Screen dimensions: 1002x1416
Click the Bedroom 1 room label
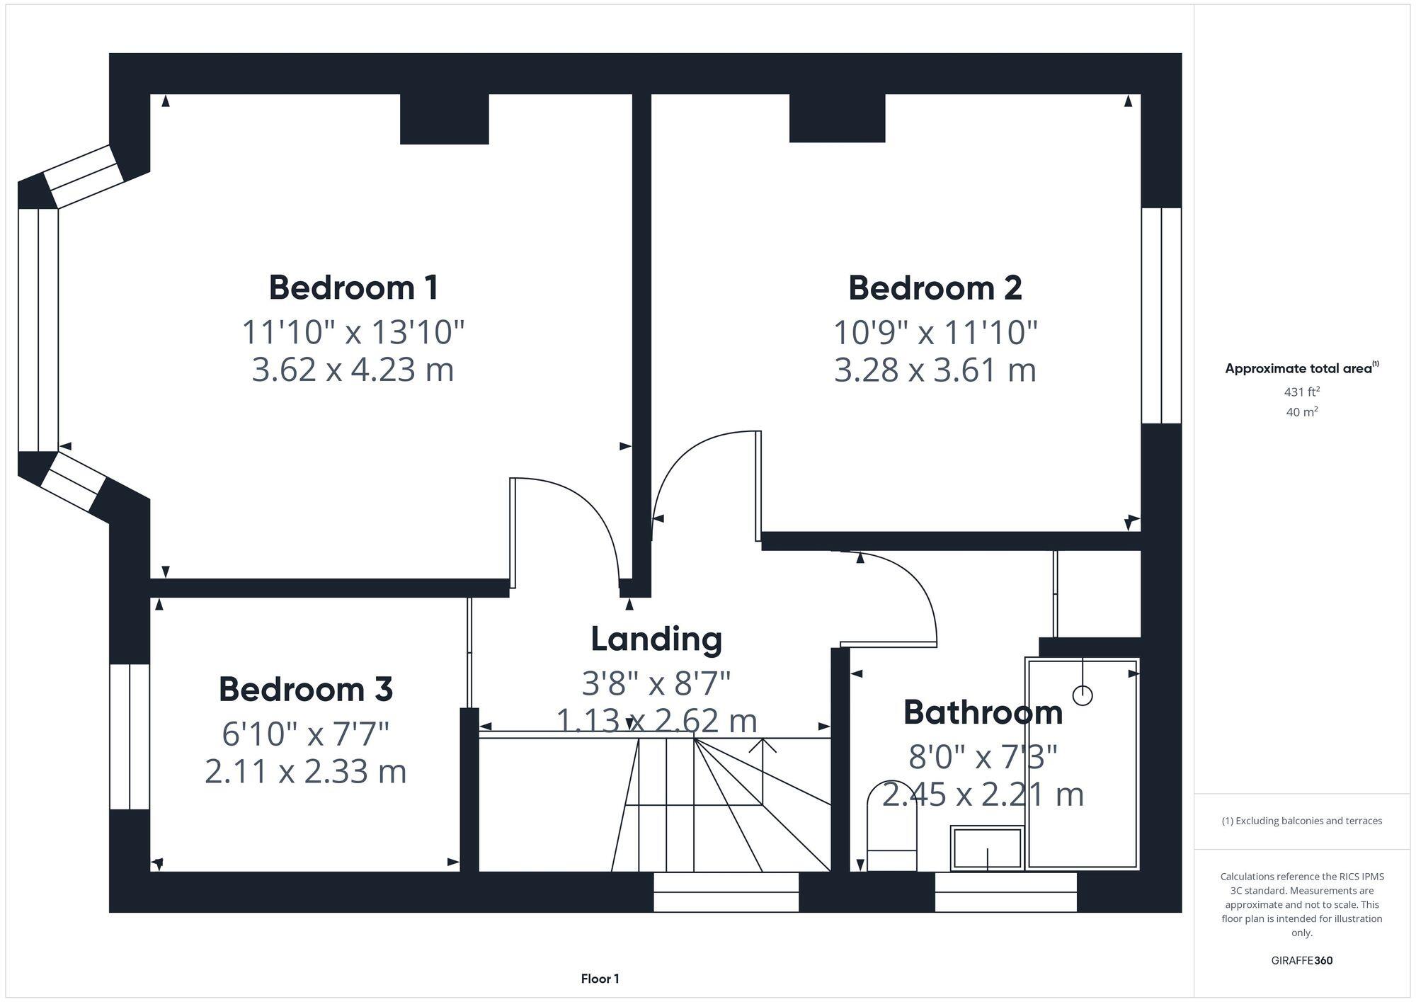click(353, 287)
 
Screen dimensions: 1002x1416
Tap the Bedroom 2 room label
click(935, 287)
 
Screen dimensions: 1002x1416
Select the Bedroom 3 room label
click(305, 689)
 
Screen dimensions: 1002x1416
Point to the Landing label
click(656, 639)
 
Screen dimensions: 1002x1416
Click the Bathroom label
click(983, 712)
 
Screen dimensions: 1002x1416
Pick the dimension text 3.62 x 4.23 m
click(353, 370)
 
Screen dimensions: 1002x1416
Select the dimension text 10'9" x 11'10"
click(935, 333)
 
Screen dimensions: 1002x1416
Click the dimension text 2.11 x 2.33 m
click(305, 772)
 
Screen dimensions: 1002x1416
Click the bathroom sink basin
click(987, 848)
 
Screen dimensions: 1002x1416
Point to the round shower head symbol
click(1083, 695)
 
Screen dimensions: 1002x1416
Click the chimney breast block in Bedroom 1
click(444, 119)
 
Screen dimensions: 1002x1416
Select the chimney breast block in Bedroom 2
click(837, 118)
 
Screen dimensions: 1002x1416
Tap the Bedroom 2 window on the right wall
click(1161, 315)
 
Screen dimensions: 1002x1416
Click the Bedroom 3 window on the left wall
click(130, 736)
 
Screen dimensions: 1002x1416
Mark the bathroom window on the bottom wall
click(1005, 892)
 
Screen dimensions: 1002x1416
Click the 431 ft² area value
click(1301, 392)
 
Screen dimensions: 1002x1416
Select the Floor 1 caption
click(600, 979)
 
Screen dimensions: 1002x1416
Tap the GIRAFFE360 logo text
click(1301, 961)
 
